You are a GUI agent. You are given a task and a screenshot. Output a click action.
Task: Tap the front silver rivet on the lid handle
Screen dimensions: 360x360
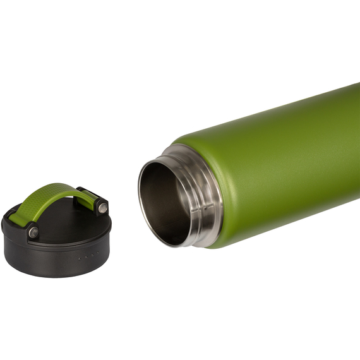tap(33, 232)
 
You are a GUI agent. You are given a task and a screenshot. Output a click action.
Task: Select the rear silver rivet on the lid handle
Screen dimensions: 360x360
tap(102, 207)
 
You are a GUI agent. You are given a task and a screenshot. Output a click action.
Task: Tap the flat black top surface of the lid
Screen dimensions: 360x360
tap(69, 224)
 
